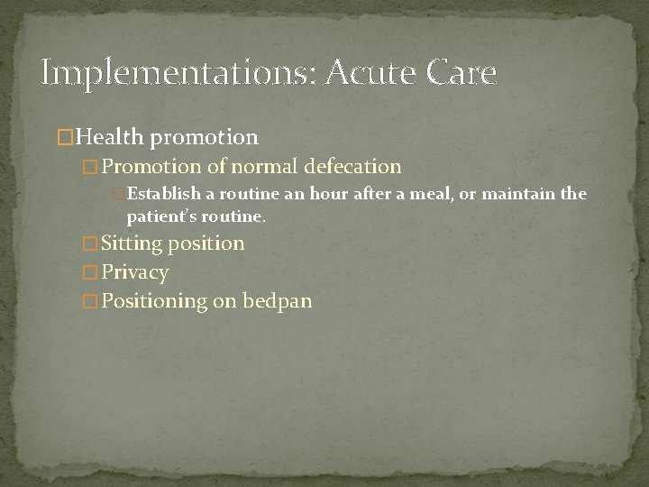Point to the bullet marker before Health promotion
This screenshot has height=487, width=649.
pos(64,137)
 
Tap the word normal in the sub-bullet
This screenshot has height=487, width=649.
pos(262,166)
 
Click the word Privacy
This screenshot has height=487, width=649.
pos(135,272)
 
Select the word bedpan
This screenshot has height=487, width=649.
pos(277,301)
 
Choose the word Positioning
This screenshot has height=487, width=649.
pos(155,301)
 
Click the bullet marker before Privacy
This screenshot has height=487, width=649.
pos(88,272)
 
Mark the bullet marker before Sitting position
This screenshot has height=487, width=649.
pos(88,243)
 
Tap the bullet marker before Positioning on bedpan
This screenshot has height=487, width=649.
pos(88,301)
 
